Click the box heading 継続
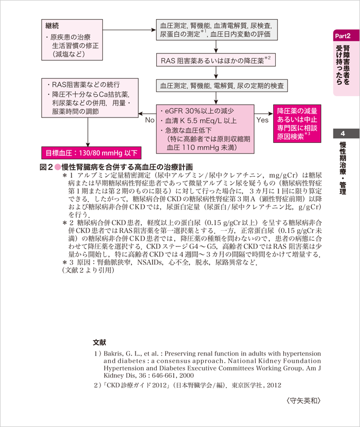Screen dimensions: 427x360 pyautogui.click(x=52, y=25)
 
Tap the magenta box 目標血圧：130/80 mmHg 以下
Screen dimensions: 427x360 pyautogui.click(x=92, y=153)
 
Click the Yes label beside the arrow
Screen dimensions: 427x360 pyautogui.click(x=263, y=120)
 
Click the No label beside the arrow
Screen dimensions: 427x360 pyautogui.click(x=150, y=120)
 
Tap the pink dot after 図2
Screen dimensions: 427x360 pyautogui.click(x=57, y=167)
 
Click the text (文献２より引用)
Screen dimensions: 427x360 pyautogui.click(x=88, y=270)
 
